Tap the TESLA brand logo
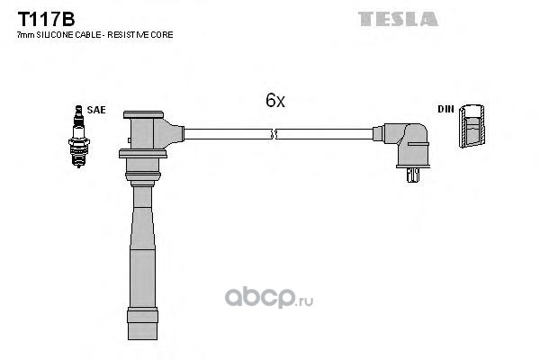click(x=398, y=18)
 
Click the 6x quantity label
click(x=274, y=101)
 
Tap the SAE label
click(x=96, y=109)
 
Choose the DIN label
click(x=445, y=109)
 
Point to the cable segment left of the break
click(x=225, y=134)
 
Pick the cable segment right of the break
click(x=324, y=134)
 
